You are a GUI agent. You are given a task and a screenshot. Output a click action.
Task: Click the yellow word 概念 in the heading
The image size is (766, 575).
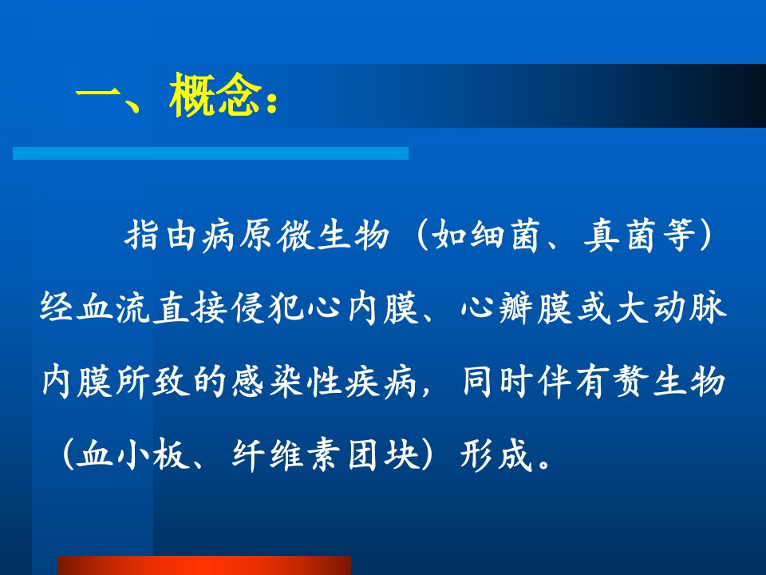(x=215, y=95)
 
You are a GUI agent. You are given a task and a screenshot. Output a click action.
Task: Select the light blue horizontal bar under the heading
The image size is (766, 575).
(x=211, y=153)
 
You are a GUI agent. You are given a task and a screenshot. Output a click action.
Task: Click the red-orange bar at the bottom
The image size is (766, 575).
(x=204, y=565)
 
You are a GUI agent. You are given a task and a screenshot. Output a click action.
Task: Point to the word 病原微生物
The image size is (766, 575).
(x=296, y=236)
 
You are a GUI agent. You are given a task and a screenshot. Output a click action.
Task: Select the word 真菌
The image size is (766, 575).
(x=619, y=236)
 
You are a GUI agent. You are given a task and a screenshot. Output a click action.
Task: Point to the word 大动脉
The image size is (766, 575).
(x=669, y=308)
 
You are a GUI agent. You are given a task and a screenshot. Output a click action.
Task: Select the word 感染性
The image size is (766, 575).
(x=286, y=382)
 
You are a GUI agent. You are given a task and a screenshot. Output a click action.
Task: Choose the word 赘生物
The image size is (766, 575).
(x=669, y=382)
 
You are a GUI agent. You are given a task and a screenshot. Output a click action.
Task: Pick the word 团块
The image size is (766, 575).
(x=384, y=454)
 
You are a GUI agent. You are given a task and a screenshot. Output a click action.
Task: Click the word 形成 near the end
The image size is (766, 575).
(x=496, y=454)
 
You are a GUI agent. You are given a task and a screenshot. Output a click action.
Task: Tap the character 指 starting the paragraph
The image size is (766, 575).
(x=142, y=236)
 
